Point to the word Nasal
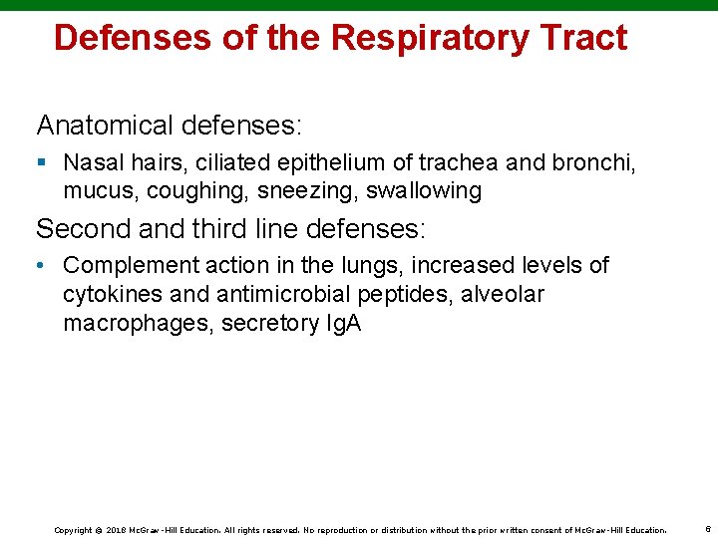91,161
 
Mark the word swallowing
424,190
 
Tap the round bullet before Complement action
42,266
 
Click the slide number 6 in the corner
705,529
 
